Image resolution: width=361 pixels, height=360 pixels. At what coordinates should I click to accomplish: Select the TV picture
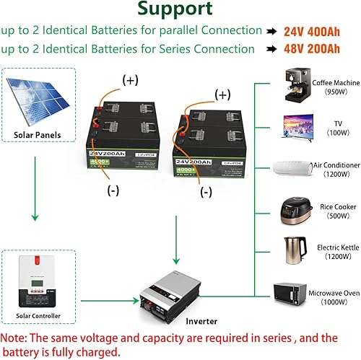(x=293, y=128)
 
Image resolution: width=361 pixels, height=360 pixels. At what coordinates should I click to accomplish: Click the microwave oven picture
(x=293, y=292)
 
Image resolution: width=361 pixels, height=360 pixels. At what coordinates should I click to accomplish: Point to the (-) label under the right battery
(x=206, y=192)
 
